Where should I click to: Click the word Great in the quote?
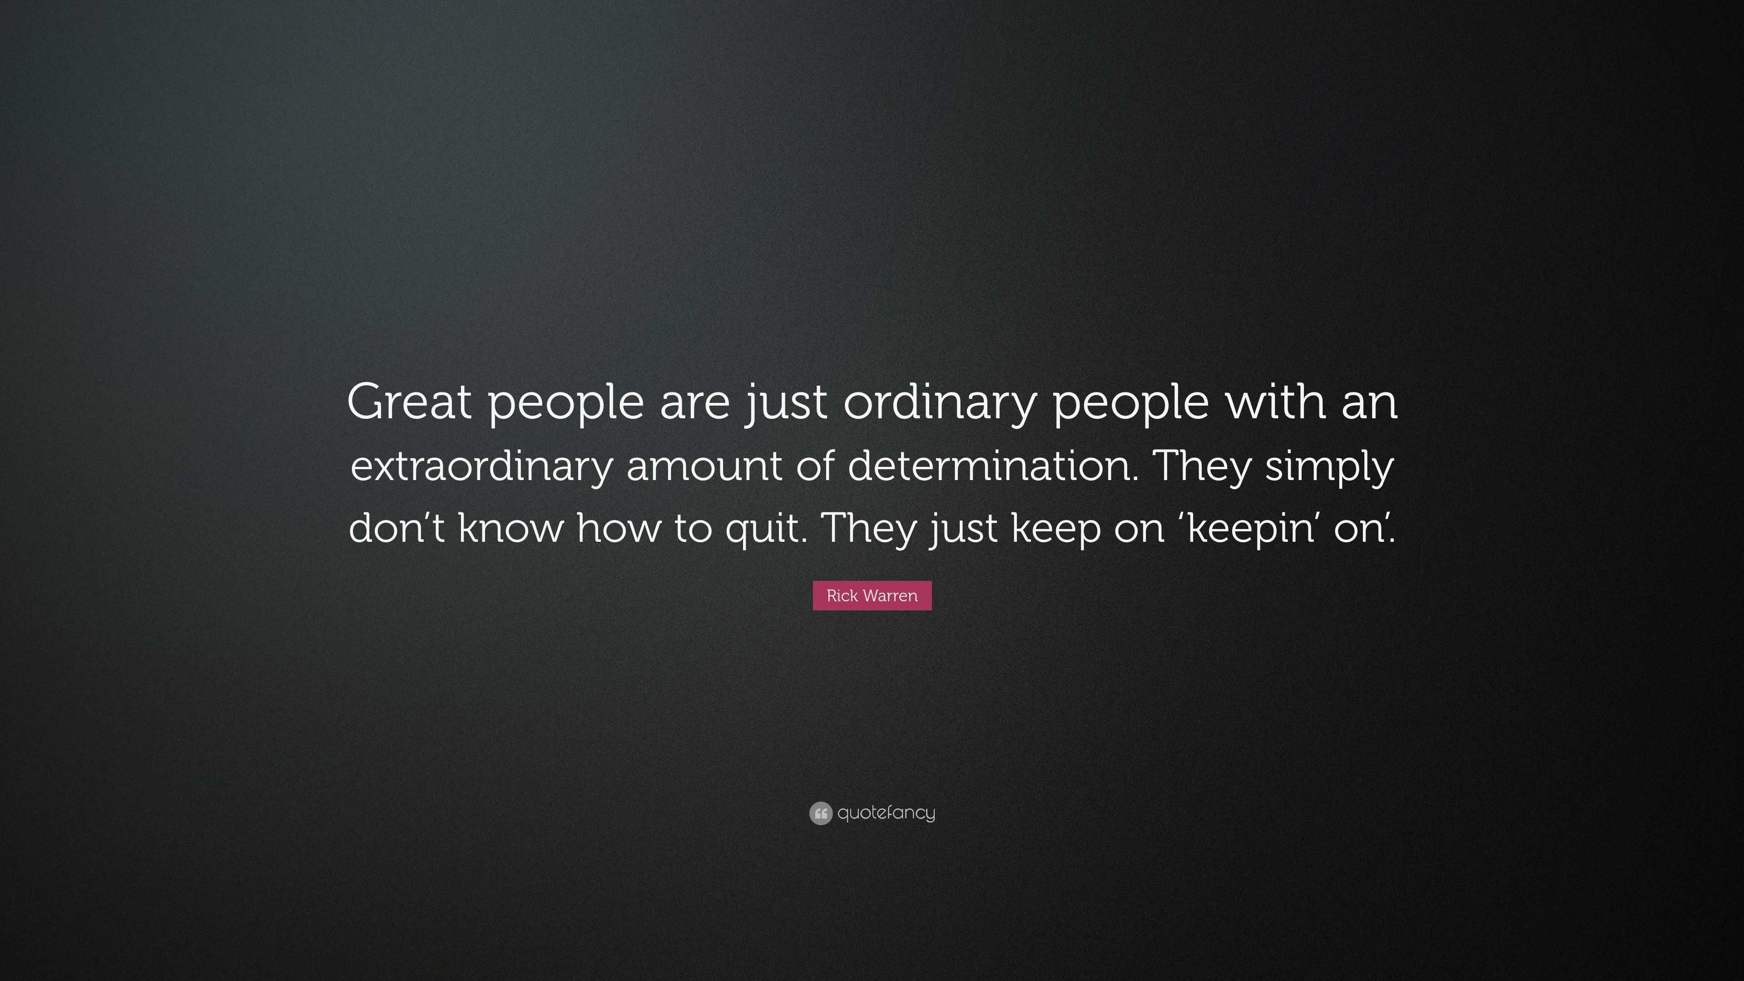point(408,401)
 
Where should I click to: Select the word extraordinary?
point(481,466)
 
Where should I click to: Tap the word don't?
point(396,527)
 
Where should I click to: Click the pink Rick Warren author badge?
point(872,596)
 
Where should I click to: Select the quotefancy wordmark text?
point(886,813)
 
